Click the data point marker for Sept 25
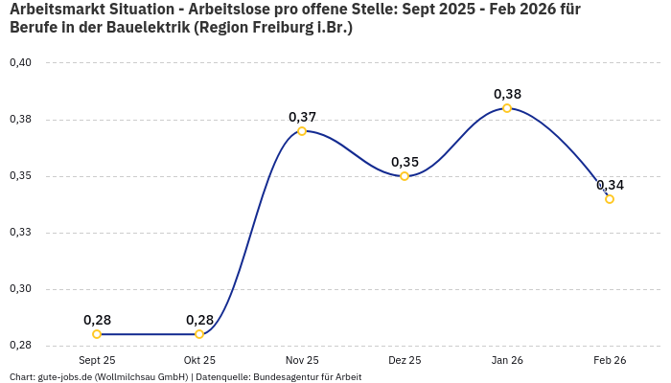tap(97, 334)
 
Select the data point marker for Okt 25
tap(199, 334)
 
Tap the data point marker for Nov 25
tap(302, 131)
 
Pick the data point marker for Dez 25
tap(405, 176)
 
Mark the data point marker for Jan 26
tap(507, 108)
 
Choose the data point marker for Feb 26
tap(610, 199)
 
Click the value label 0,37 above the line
tap(302, 117)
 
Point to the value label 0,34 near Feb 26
tap(610, 185)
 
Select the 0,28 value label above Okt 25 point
tap(199, 320)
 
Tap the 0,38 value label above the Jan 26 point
tap(507, 94)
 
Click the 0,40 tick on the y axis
tap(20, 63)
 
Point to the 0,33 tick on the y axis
tap(20, 233)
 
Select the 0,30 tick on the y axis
tap(20, 289)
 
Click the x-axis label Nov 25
tap(302, 360)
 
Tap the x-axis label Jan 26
tap(507, 360)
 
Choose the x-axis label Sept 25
tap(97, 360)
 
